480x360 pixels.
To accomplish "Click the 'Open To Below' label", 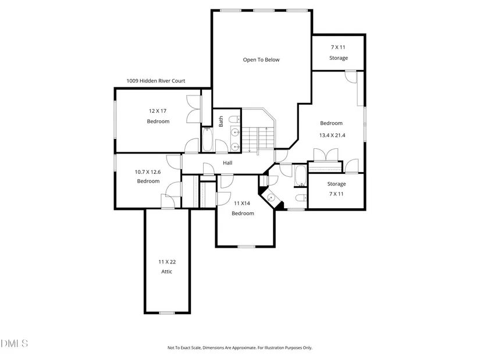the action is pyautogui.click(x=261, y=60).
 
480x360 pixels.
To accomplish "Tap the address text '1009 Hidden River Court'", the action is pyautogui.click(x=156, y=81).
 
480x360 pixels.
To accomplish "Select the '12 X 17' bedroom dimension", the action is pyautogui.click(x=158, y=111).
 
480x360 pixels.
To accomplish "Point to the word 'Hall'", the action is pyautogui.click(x=227, y=163).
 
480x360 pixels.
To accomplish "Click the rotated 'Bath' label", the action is pyautogui.click(x=221, y=122).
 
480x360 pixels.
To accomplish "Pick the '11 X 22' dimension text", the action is pyautogui.click(x=167, y=262).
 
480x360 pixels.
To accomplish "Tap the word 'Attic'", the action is pyautogui.click(x=167, y=272).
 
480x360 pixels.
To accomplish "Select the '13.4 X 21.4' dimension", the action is pyautogui.click(x=332, y=136).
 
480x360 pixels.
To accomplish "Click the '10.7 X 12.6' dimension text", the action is pyautogui.click(x=148, y=172).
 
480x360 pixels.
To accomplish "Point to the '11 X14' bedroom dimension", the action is pyautogui.click(x=242, y=204).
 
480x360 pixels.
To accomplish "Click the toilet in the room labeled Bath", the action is pyautogui.click(x=235, y=119).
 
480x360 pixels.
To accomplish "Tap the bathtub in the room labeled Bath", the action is pyautogui.click(x=207, y=140).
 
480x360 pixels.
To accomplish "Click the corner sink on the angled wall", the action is pyautogui.click(x=271, y=198).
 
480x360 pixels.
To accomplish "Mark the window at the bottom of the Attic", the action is pyautogui.click(x=167, y=313).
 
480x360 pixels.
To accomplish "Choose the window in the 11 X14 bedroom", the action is pyautogui.click(x=247, y=247).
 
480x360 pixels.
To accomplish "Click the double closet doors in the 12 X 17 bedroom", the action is pyautogui.click(x=194, y=109).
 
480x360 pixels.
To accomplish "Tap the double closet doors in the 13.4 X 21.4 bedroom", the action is pyautogui.click(x=326, y=155).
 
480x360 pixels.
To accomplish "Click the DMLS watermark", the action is pyautogui.click(x=14, y=344).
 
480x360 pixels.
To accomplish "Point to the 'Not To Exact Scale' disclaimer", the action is pyautogui.click(x=240, y=348).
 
